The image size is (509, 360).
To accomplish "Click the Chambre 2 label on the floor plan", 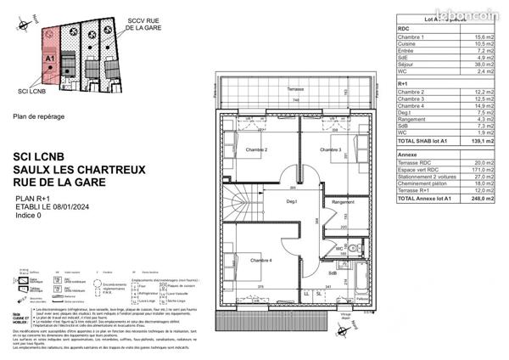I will point(257,150).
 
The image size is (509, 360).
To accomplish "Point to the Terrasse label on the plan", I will point(295,89).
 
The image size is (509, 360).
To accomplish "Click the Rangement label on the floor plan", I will point(344,202).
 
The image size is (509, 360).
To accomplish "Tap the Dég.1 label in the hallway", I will point(291,202).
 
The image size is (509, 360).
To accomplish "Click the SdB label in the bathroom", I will point(334,273).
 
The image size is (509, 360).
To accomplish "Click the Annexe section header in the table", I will point(408,155).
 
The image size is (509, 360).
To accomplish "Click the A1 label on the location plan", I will point(49,59).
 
